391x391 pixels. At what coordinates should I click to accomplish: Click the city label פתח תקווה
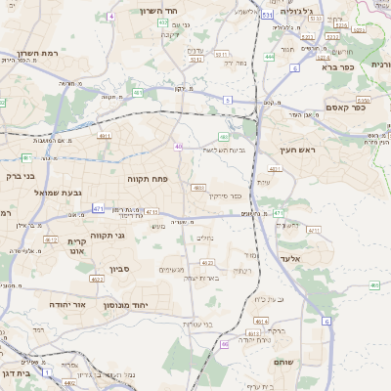click(x=149, y=180)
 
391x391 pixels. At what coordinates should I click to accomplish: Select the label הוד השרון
click(x=156, y=11)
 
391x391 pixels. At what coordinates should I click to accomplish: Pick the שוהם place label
click(x=306, y=362)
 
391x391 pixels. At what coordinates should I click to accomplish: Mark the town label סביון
click(x=119, y=268)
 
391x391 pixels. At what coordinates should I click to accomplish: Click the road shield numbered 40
click(x=178, y=147)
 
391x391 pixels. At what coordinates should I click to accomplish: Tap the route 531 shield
click(x=267, y=17)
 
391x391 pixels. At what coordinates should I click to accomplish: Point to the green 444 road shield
click(x=269, y=57)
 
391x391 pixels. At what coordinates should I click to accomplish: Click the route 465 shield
click(x=374, y=285)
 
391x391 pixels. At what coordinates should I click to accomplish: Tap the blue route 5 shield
click(x=227, y=100)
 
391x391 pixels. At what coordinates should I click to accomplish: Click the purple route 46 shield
click(x=225, y=344)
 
